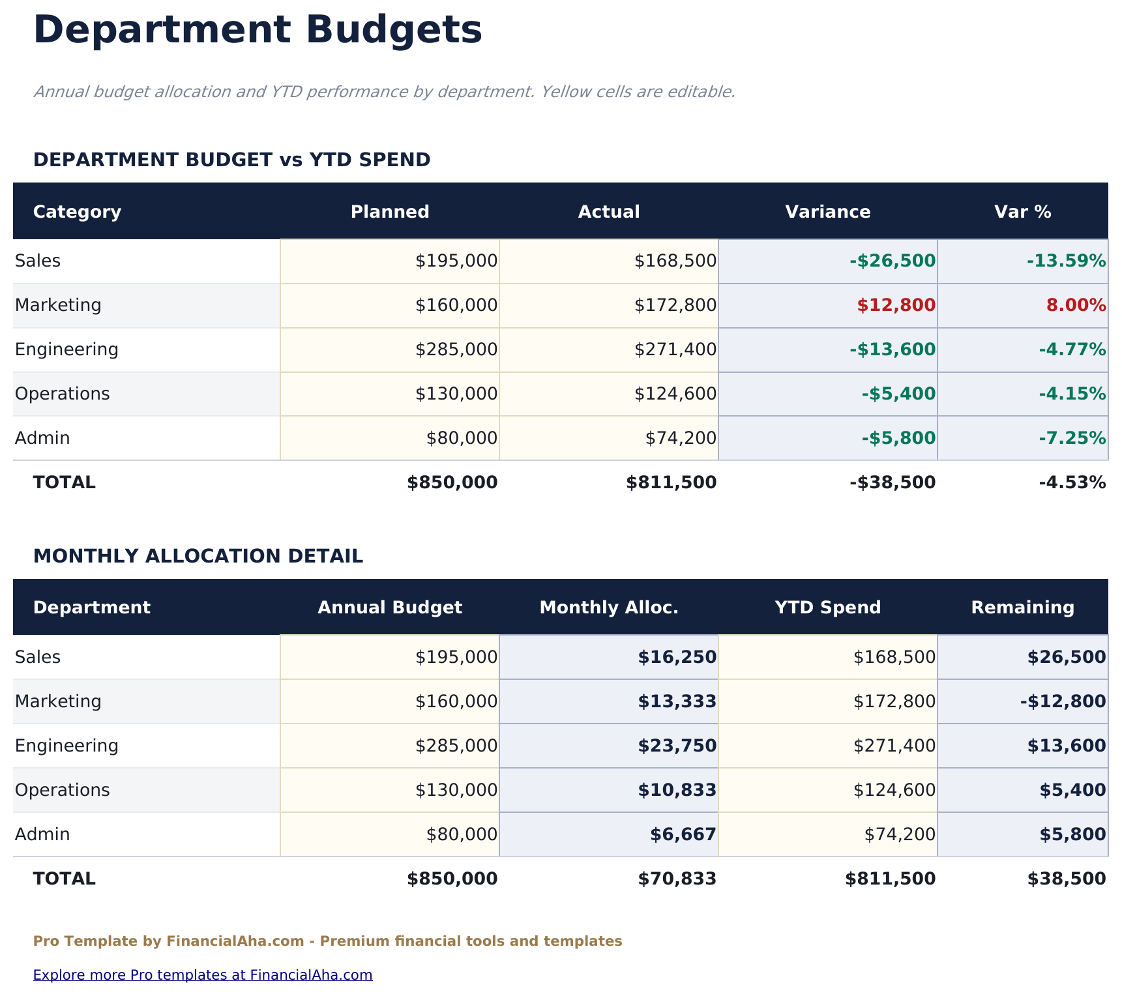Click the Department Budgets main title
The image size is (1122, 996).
[258, 31]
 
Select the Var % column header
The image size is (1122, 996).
[1022, 212]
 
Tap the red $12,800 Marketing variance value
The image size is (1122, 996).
[896, 305]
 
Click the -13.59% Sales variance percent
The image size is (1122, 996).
[1066, 261]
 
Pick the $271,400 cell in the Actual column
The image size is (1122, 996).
[675, 350]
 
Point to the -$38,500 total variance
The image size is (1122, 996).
[892, 483]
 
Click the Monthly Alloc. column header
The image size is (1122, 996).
[609, 608]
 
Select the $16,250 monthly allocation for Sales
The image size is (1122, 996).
[677, 658]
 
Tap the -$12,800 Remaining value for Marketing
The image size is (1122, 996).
[1063, 702]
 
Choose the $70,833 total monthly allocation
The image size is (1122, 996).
[677, 879]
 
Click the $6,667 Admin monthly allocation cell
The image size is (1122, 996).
[683, 834]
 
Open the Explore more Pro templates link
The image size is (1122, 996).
[203, 975]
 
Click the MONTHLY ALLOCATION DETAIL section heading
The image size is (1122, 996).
[198, 557]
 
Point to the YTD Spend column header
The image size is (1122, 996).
[827, 608]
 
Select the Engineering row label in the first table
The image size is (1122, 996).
[66, 350]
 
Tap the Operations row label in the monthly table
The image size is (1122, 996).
[62, 790]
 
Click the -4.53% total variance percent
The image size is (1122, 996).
[1072, 483]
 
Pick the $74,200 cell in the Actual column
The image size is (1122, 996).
[681, 439]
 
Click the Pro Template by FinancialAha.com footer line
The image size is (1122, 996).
[327, 941]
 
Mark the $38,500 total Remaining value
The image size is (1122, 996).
[1066, 879]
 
